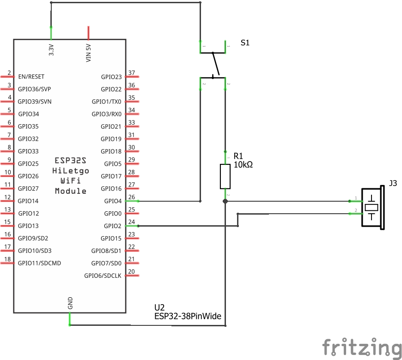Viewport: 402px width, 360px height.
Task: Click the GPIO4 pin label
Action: (113, 201)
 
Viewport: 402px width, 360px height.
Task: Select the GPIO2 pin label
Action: (113, 226)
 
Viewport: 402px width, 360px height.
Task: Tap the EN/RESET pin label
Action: (31, 77)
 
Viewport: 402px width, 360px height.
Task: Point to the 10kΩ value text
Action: (243, 164)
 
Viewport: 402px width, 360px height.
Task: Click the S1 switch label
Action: (245, 42)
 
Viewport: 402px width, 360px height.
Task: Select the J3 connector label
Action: (393, 183)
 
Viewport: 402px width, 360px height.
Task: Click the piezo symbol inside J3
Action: (372, 207)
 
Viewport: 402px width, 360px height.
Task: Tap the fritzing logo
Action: (361, 347)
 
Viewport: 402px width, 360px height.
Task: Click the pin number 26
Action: (132, 198)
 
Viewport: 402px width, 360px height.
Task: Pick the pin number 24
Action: (132, 222)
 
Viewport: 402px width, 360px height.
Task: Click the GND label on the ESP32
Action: (70, 303)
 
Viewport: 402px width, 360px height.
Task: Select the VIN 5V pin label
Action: (89, 52)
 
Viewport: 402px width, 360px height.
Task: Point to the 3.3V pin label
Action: (51, 50)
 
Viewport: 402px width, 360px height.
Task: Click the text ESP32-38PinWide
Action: (188, 317)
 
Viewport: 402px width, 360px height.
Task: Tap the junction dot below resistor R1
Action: (225, 201)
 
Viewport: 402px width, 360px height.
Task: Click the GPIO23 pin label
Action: (111, 77)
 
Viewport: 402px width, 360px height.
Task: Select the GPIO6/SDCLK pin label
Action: (103, 276)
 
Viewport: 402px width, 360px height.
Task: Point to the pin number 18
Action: (8, 259)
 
